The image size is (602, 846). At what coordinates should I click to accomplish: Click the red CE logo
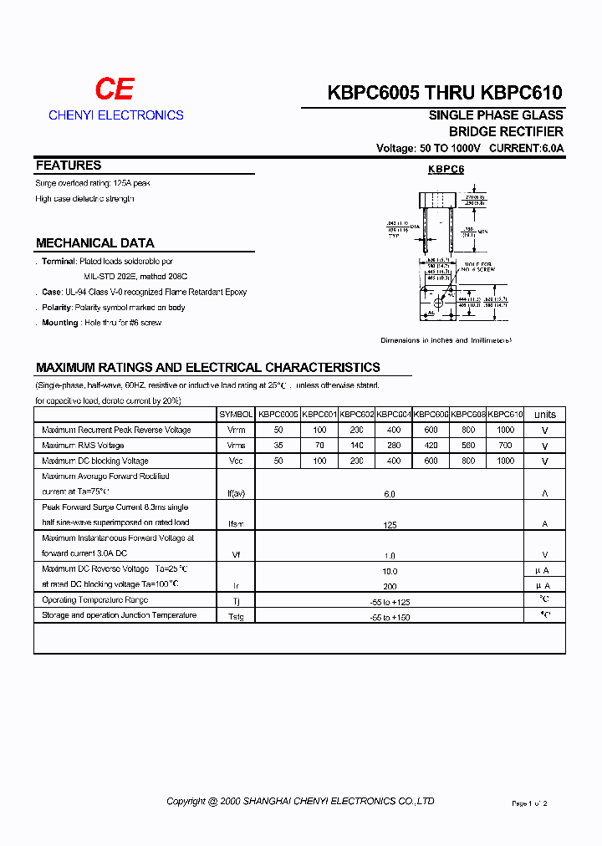pyautogui.click(x=114, y=89)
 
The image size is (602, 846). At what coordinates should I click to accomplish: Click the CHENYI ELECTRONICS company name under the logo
pyautogui.click(x=115, y=115)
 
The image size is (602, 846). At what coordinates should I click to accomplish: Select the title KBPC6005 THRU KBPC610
pyautogui.click(x=445, y=93)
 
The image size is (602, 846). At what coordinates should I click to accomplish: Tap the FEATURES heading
pyautogui.click(x=69, y=166)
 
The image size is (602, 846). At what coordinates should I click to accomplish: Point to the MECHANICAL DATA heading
pyautogui.click(x=94, y=243)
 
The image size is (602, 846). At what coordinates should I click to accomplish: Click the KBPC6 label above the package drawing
pyautogui.click(x=446, y=170)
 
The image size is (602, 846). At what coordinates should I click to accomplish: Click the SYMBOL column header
pyautogui.click(x=236, y=415)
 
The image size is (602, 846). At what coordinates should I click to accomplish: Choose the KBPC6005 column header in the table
pyautogui.click(x=278, y=415)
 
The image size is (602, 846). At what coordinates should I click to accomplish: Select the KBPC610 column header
pyautogui.click(x=505, y=415)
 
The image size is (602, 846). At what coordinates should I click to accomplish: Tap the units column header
pyautogui.click(x=544, y=415)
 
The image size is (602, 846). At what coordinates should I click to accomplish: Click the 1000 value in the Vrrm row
pyautogui.click(x=505, y=430)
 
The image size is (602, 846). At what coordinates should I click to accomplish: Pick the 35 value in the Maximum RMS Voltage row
pyautogui.click(x=278, y=446)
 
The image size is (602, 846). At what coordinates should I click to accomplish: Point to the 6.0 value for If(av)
pyautogui.click(x=390, y=494)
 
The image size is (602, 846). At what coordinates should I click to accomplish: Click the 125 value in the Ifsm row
pyautogui.click(x=390, y=525)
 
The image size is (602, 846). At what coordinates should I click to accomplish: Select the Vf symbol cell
pyautogui.click(x=236, y=555)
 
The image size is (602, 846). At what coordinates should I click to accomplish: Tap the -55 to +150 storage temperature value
pyautogui.click(x=390, y=617)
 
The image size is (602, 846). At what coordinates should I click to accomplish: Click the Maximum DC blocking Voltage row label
pyautogui.click(x=95, y=461)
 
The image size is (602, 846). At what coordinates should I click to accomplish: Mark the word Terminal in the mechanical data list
pyautogui.click(x=59, y=262)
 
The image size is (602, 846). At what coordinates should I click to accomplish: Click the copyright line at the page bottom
pyautogui.click(x=300, y=801)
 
